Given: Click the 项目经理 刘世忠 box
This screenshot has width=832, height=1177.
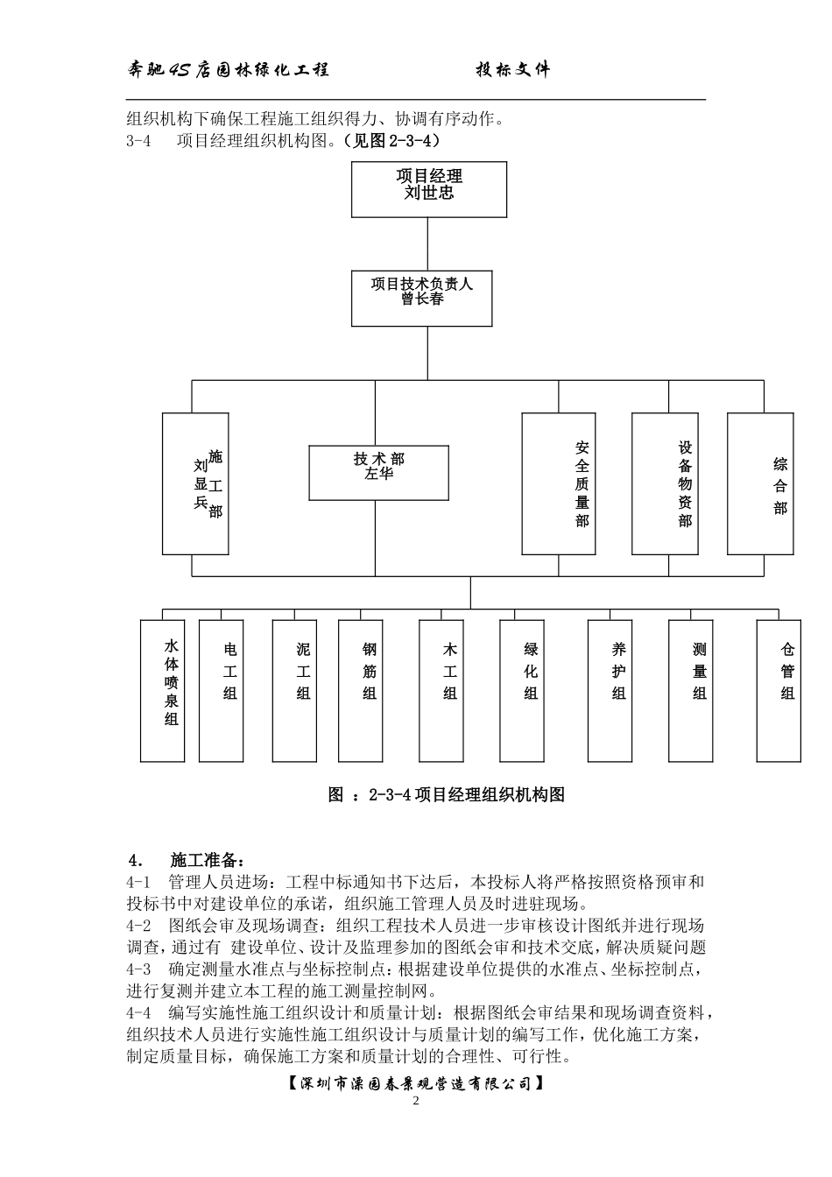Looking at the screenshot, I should point(429,189).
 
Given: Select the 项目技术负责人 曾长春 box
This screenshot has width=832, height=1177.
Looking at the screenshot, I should point(421,299).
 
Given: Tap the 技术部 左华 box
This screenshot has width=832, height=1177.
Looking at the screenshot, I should point(379,473).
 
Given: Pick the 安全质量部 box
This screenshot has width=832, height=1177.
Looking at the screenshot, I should point(559,483).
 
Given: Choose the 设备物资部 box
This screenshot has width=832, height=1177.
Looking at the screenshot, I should point(665,483).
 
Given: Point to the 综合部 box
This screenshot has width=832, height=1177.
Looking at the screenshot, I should point(761,483).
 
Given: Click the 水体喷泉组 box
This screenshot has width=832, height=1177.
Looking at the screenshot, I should point(163,690).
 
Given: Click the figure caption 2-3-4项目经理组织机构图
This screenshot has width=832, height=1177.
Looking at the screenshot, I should point(447,795).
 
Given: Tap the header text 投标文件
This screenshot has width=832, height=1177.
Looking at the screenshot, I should point(513,70).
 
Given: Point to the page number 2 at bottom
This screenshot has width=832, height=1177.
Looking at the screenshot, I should point(416,1101).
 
